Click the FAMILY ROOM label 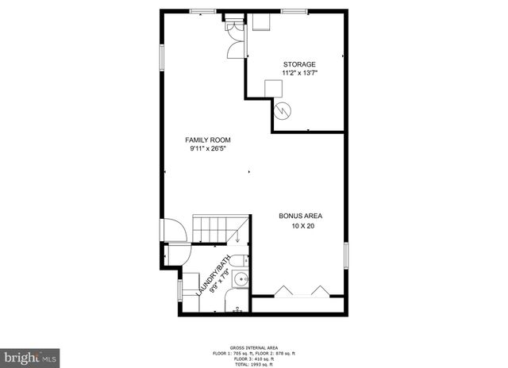point(208,140)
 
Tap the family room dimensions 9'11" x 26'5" point(208,148)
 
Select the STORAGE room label point(300,64)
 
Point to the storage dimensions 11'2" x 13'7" point(300,73)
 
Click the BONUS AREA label point(300,216)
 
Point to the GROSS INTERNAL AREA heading point(254,347)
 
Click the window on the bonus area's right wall point(346,258)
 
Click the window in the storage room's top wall point(295,10)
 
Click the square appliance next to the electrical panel point(260,22)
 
